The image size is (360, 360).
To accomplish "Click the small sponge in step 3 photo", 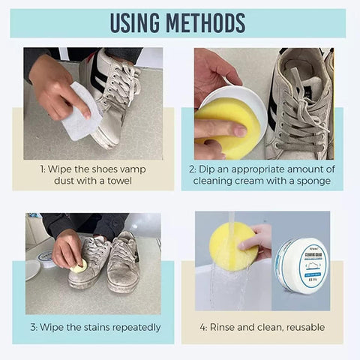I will pos(78,265).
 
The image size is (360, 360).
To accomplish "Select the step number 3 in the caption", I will pos(34,327).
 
